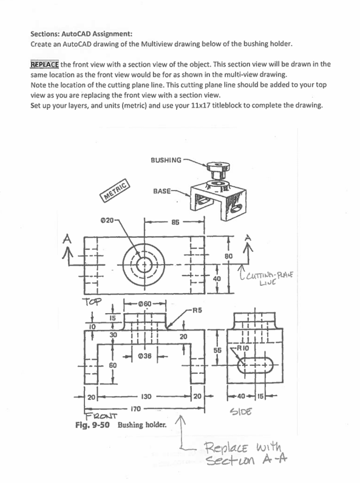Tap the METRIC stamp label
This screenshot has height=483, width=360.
pos(115,192)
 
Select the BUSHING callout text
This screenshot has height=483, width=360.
pos(166,160)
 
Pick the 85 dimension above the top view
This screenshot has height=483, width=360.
pos(174,222)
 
